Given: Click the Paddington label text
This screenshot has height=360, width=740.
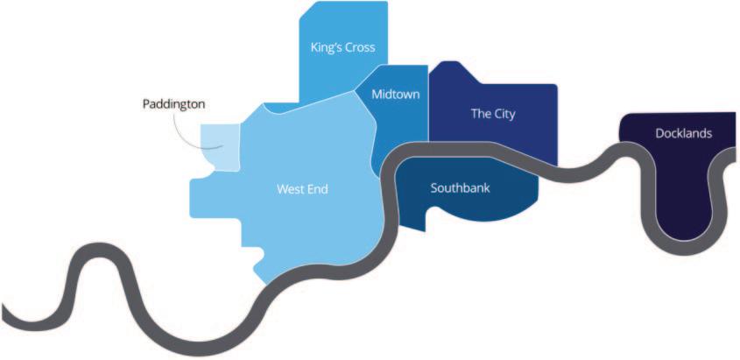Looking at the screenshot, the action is pyautogui.click(x=173, y=103).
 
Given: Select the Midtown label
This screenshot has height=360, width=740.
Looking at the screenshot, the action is pyautogui.click(x=395, y=94).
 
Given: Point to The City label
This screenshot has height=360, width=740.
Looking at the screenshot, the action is pyautogui.click(x=493, y=113).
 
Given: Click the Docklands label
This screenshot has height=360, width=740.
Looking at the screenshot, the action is pyautogui.click(x=683, y=134).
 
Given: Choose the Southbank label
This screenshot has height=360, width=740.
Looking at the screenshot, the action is pyautogui.click(x=460, y=187).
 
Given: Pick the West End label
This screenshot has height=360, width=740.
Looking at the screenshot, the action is pyautogui.click(x=302, y=188).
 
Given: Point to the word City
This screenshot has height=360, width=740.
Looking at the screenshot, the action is pyautogui.click(x=504, y=113).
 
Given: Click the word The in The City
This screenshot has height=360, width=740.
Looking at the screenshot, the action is pyautogui.click(x=480, y=113).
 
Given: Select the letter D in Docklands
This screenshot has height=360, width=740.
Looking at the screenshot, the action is pyautogui.click(x=659, y=134).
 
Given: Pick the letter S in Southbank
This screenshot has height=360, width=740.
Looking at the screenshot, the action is pyautogui.click(x=433, y=187).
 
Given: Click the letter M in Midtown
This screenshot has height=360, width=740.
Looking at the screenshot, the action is pyautogui.click(x=376, y=94).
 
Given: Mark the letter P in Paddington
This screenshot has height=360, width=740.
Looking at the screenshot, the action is pyautogui.click(x=146, y=103).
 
